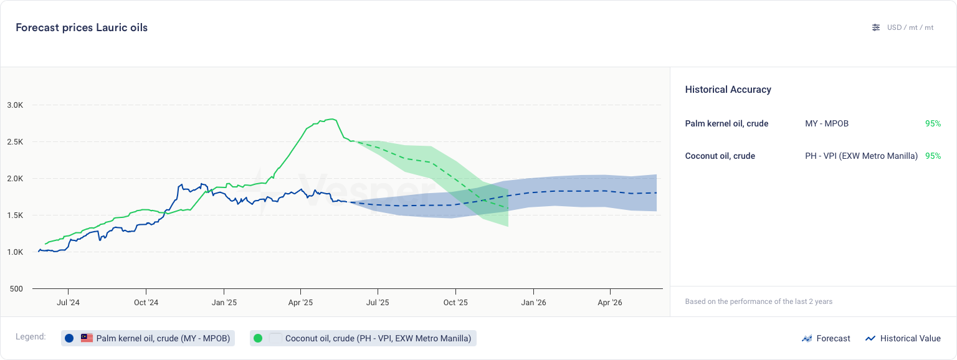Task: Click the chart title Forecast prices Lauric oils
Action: click(x=82, y=27)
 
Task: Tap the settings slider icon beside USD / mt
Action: click(x=876, y=27)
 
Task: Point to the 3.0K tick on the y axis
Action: click(x=15, y=105)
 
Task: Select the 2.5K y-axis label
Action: click(x=15, y=141)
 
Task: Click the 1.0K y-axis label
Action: click(x=15, y=252)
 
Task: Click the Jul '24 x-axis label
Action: click(x=68, y=303)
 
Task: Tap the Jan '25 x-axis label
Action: click(x=223, y=303)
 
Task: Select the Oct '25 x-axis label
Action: click(x=455, y=303)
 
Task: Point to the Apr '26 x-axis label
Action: click(x=610, y=303)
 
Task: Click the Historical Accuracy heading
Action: click(x=728, y=90)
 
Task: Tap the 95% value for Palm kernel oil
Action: click(x=933, y=123)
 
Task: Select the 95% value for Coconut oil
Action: click(x=933, y=156)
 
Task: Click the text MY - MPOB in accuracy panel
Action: click(x=826, y=123)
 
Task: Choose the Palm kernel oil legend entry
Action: click(x=163, y=338)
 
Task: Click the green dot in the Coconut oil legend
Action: click(x=258, y=338)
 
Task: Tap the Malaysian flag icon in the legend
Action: click(x=87, y=338)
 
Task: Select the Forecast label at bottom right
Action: click(x=833, y=338)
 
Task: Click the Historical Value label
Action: click(x=910, y=338)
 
